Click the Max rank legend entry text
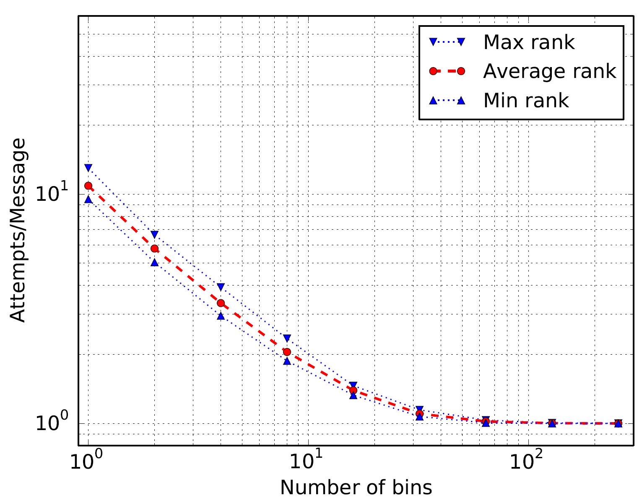529,42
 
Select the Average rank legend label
550,71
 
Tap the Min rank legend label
526,101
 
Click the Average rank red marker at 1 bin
88,186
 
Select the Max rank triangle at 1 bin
88,168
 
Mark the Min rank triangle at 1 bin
88,199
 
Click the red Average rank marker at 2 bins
154,249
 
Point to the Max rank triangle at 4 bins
221,287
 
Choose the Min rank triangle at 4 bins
221,316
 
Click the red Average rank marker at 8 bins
287,352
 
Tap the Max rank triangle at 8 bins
287,338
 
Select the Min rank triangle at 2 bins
154,262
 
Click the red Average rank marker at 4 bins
221,303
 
